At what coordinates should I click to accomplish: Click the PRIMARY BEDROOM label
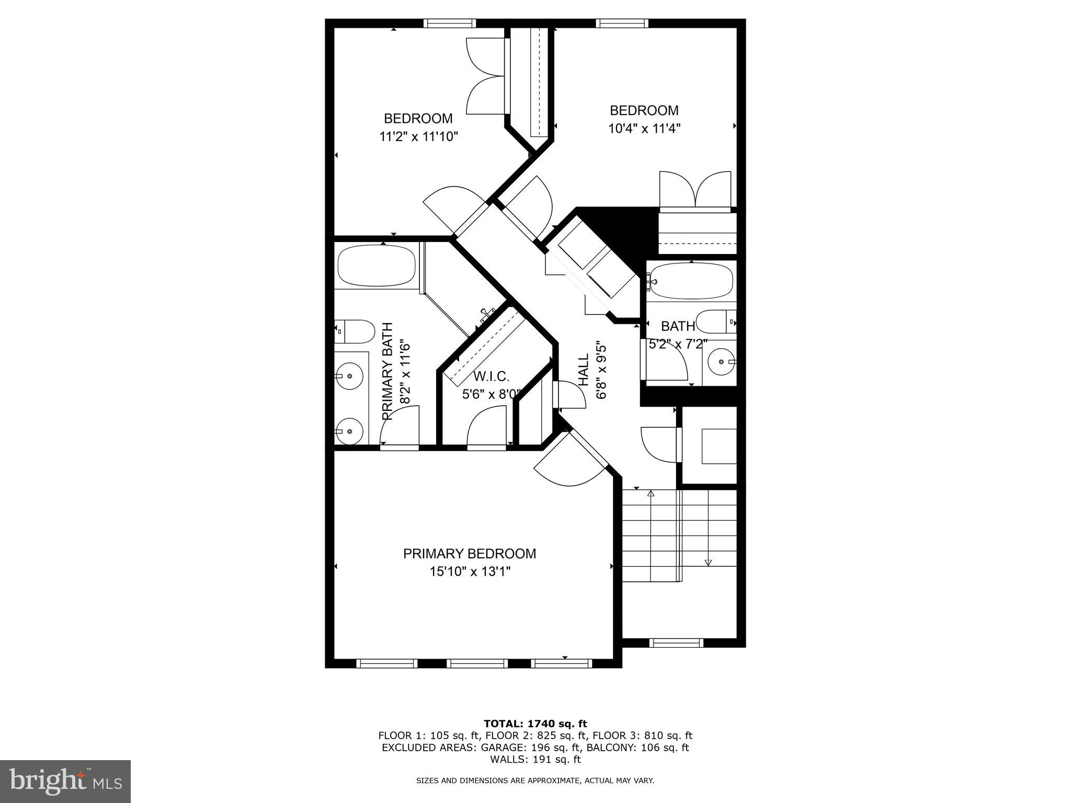point(469,554)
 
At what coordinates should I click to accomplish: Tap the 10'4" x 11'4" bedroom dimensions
point(644,129)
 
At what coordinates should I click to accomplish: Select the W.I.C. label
point(491,376)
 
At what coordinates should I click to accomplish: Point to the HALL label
point(584,370)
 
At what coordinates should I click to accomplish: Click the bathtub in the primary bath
point(377,266)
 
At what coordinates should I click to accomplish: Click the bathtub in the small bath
point(691,281)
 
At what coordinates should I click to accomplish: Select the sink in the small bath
point(722,361)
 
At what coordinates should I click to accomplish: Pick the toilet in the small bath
point(716,322)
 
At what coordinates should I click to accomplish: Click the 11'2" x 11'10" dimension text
point(418,137)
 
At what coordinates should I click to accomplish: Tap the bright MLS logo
point(65,782)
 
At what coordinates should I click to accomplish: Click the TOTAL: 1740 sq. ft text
point(535,724)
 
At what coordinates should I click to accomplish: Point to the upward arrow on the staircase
point(651,494)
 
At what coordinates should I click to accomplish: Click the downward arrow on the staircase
point(708,563)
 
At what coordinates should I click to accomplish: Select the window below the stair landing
point(676,643)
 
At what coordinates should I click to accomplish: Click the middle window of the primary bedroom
point(477,663)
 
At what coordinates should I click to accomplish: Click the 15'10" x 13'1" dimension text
point(470,572)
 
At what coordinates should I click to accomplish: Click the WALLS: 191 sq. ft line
point(535,759)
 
